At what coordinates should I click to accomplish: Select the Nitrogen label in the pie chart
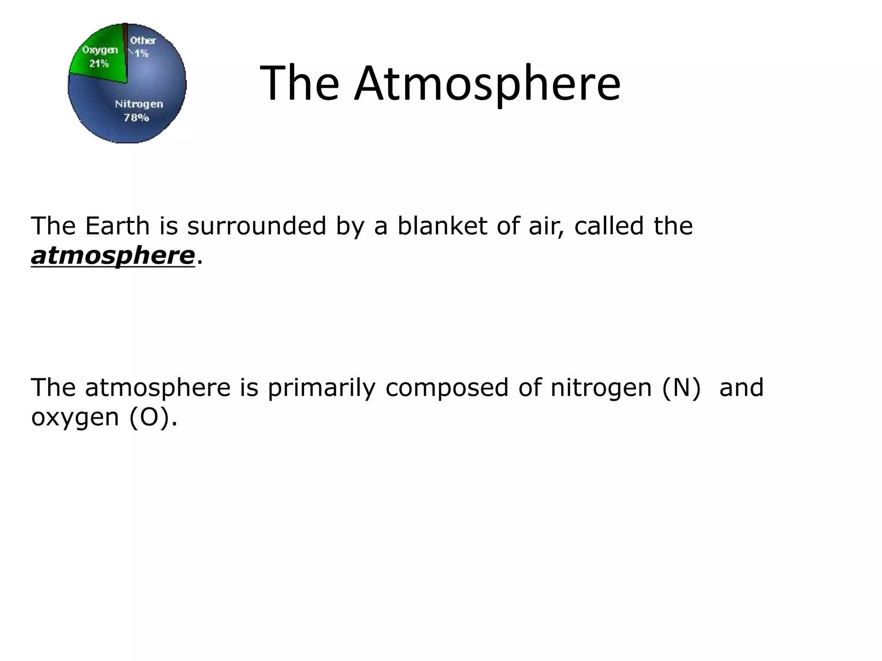[x=139, y=104]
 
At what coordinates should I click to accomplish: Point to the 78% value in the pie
[x=137, y=117]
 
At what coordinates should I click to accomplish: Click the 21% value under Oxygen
[x=99, y=64]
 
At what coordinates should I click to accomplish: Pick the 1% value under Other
[x=141, y=54]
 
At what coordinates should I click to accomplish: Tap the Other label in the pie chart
[x=143, y=40]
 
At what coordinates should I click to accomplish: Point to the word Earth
[x=117, y=226]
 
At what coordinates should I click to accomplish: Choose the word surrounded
[x=256, y=226]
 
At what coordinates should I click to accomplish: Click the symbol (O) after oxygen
[x=149, y=417]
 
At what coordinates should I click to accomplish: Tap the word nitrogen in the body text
[x=601, y=388]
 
